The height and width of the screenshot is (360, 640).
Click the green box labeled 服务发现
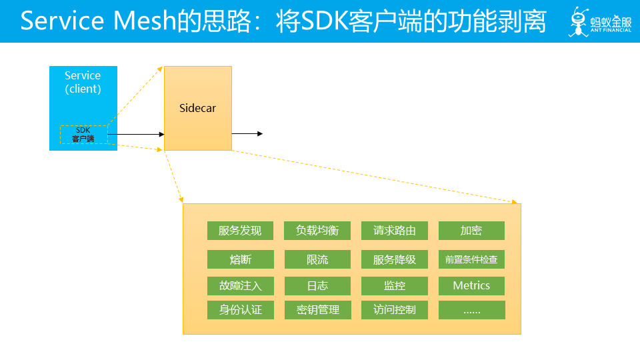click(240, 231)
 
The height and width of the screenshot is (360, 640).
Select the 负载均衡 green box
click(317, 231)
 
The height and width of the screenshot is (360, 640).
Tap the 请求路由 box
click(395, 231)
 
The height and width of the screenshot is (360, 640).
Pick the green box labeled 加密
click(471, 231)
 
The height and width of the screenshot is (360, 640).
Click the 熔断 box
click(240, 259)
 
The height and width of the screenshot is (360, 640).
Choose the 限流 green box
click(317, 259)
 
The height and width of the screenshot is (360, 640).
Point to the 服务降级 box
click(395, 259)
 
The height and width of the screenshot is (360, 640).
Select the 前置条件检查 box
click(471, 259)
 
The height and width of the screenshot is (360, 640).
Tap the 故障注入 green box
click(240, 286)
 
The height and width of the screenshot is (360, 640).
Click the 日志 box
click(317, 286)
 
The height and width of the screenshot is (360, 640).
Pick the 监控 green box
click(395, 286)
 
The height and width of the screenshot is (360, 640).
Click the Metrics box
click(471, 286)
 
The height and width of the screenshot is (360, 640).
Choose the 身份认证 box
click(240, 310)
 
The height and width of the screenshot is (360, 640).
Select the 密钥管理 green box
click(317, 310)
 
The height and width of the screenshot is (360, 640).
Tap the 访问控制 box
click(395, 310)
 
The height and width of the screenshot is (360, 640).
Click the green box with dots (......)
click(471, 310)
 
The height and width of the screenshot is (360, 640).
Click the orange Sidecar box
click(198, 108)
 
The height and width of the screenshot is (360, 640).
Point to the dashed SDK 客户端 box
click(83, 135)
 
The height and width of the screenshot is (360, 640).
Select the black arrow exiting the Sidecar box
click(247, 134)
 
